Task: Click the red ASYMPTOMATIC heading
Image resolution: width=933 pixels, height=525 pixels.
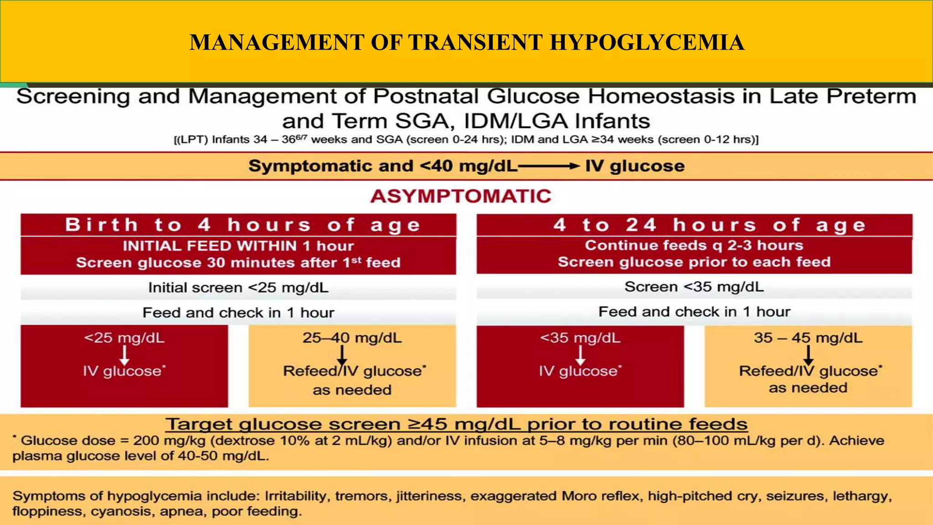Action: click(x=461, y=196)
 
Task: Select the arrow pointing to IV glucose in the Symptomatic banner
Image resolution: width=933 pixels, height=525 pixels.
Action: click(x=549, y=166)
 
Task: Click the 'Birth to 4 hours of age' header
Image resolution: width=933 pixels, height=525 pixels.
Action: click(x=243, y=225)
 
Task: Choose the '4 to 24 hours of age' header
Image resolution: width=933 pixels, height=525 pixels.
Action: click(x=710, y=225)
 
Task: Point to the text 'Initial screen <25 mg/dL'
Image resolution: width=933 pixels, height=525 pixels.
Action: click(x=238, y=288)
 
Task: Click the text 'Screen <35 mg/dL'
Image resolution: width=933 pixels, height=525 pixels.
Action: click(x=694, y=287)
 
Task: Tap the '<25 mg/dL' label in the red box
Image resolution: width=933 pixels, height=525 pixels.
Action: click(x=124, y=338)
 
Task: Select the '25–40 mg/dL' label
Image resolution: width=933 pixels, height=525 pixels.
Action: click(x=352, y=338)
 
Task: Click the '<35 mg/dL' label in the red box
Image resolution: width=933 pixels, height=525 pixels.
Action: click(x=580, y=338)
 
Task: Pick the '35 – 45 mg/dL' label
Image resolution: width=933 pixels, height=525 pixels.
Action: click(x=808, y=338)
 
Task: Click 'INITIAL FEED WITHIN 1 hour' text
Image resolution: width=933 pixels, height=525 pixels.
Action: click(x=238, y=246)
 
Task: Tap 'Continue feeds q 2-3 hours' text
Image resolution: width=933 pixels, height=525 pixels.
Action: click(x=694, y=245)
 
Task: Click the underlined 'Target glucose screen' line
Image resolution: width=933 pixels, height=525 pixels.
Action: click(x=456, y=424)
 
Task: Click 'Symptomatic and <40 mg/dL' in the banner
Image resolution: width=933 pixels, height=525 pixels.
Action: click(x=383, y=166)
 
